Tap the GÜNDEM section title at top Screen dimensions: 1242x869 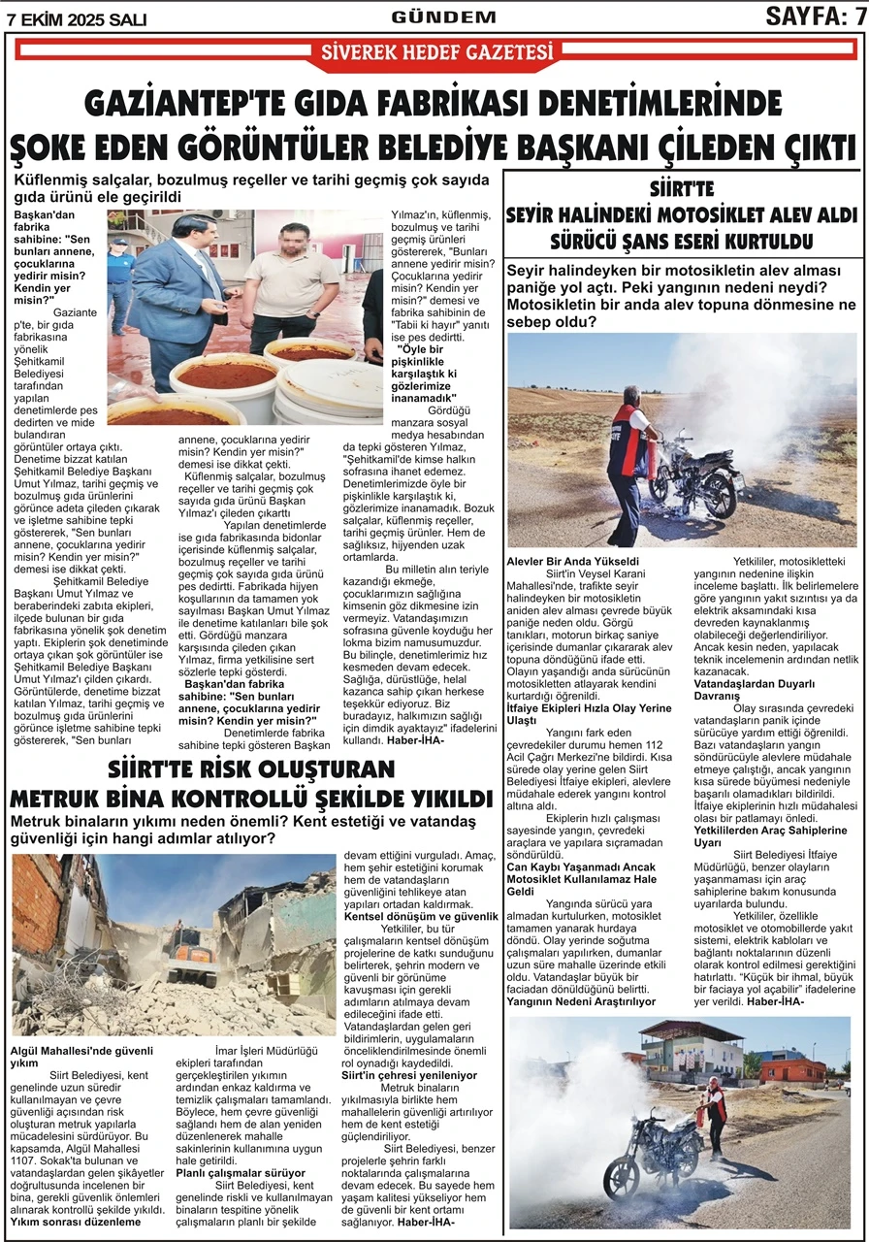444,16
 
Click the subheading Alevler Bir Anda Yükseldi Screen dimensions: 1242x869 572,562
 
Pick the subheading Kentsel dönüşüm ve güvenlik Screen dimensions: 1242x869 421,916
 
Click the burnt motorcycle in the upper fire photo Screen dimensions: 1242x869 695,480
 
